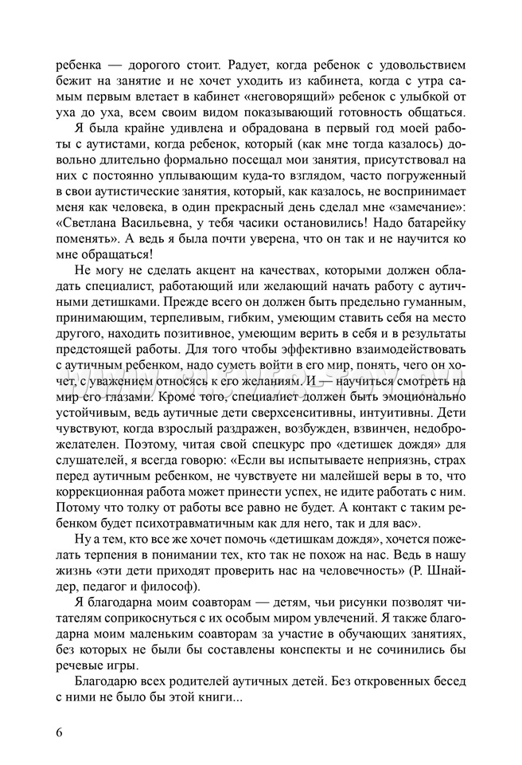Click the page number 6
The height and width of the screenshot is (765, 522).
60,732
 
